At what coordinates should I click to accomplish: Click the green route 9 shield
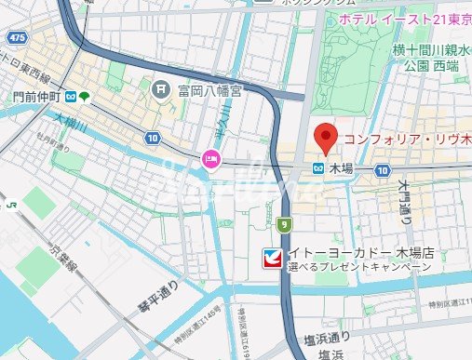pyautogui.click(x=283, y=223)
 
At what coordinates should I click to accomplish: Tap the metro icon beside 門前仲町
pyautogui.click(x=68, y=96)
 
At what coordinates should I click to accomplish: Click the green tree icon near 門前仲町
pyautogui.click(x=85, y=96)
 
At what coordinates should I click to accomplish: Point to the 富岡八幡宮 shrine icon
pyautogui.click(x=160, y=89)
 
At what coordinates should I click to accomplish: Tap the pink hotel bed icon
pyautogui.click(x=212, y=158)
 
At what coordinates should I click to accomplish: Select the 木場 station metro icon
pyautogui.click(x=318, y=169)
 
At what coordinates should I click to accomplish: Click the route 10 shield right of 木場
pyautogui.click(x=383, y=170)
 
